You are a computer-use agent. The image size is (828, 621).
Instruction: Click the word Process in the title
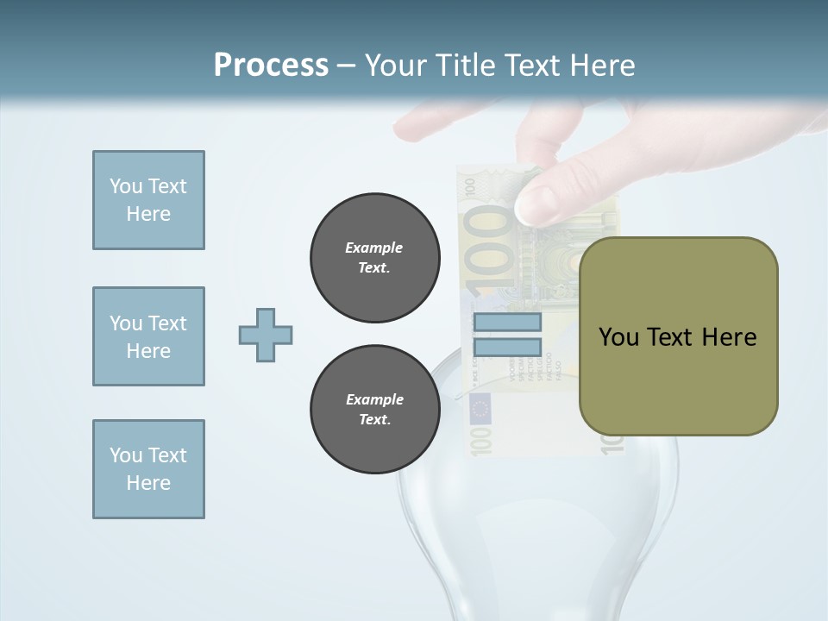271,66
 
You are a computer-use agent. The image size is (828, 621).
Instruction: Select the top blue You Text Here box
148,200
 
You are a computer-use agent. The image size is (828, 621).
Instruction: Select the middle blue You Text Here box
148,336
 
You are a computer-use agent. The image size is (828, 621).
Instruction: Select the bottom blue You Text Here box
148,469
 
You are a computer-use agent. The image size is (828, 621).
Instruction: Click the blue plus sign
266,335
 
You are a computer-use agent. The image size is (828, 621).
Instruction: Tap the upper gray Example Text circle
374,258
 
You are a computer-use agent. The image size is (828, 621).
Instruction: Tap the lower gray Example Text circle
374,410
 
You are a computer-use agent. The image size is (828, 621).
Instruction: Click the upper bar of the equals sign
507,323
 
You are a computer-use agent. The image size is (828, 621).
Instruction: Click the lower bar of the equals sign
507,348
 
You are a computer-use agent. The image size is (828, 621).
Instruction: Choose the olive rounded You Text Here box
678,336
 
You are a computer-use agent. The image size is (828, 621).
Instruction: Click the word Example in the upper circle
373,248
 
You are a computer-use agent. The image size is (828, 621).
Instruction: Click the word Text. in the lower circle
374,420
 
